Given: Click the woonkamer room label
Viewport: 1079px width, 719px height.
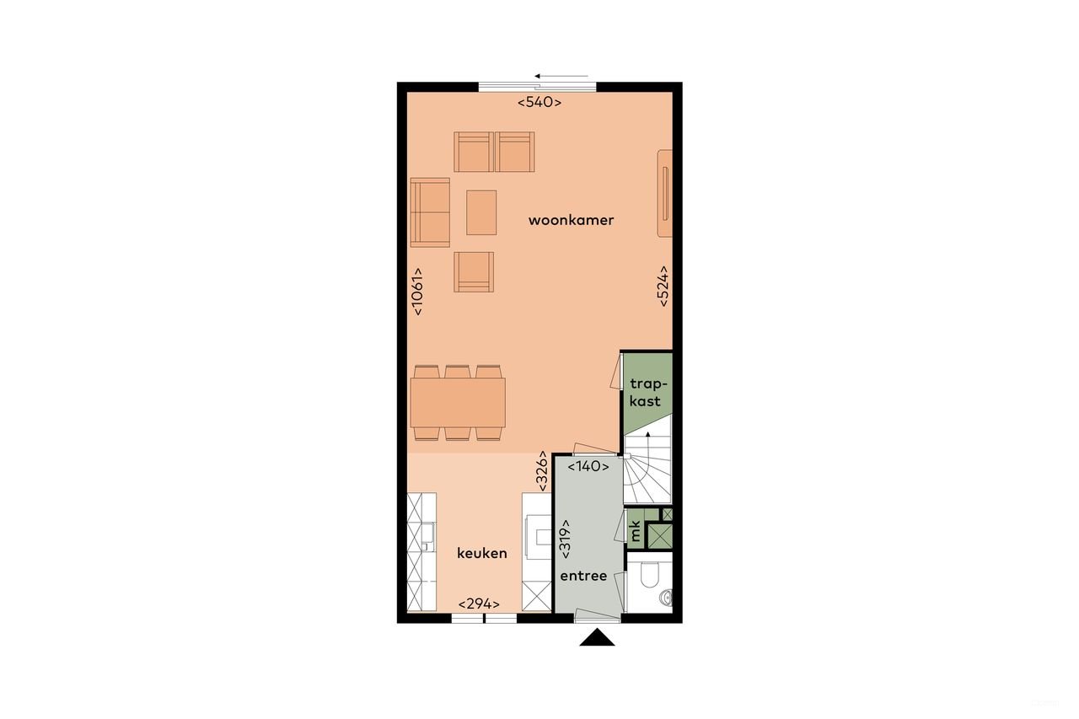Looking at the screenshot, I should click(x=571, y=221).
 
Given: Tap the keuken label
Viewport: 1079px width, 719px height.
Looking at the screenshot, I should click(x=482, y=554).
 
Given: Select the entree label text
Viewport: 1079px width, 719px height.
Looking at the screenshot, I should click(x=583, y=577).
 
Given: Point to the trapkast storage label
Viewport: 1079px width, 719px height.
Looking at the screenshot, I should click(x=646, y=393).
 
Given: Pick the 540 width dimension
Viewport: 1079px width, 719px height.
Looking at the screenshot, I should click(x=539, y=103).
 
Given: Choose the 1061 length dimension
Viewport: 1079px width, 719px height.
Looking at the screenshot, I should click(x=417, y=292).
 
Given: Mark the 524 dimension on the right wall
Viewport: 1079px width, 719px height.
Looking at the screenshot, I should click(x=663, y=287).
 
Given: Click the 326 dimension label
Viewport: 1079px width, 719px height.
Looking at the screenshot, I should click(x=544, y=473).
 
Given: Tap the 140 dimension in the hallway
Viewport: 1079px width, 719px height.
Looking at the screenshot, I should click(x=588, y=466).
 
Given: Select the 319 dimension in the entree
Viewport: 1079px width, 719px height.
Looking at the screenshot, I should click(x=565, y=539).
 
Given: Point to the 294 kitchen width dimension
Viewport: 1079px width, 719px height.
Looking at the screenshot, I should click(x=479, y=604).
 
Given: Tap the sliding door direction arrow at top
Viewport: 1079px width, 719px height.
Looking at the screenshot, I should click(x=561, y=76).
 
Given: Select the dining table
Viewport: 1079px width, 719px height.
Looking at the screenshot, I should click(x=458, y=402).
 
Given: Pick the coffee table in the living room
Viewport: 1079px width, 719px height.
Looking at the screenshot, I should click(x=482, y=212).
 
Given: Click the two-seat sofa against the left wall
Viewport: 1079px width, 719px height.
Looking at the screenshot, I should click(x=430, y=212).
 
